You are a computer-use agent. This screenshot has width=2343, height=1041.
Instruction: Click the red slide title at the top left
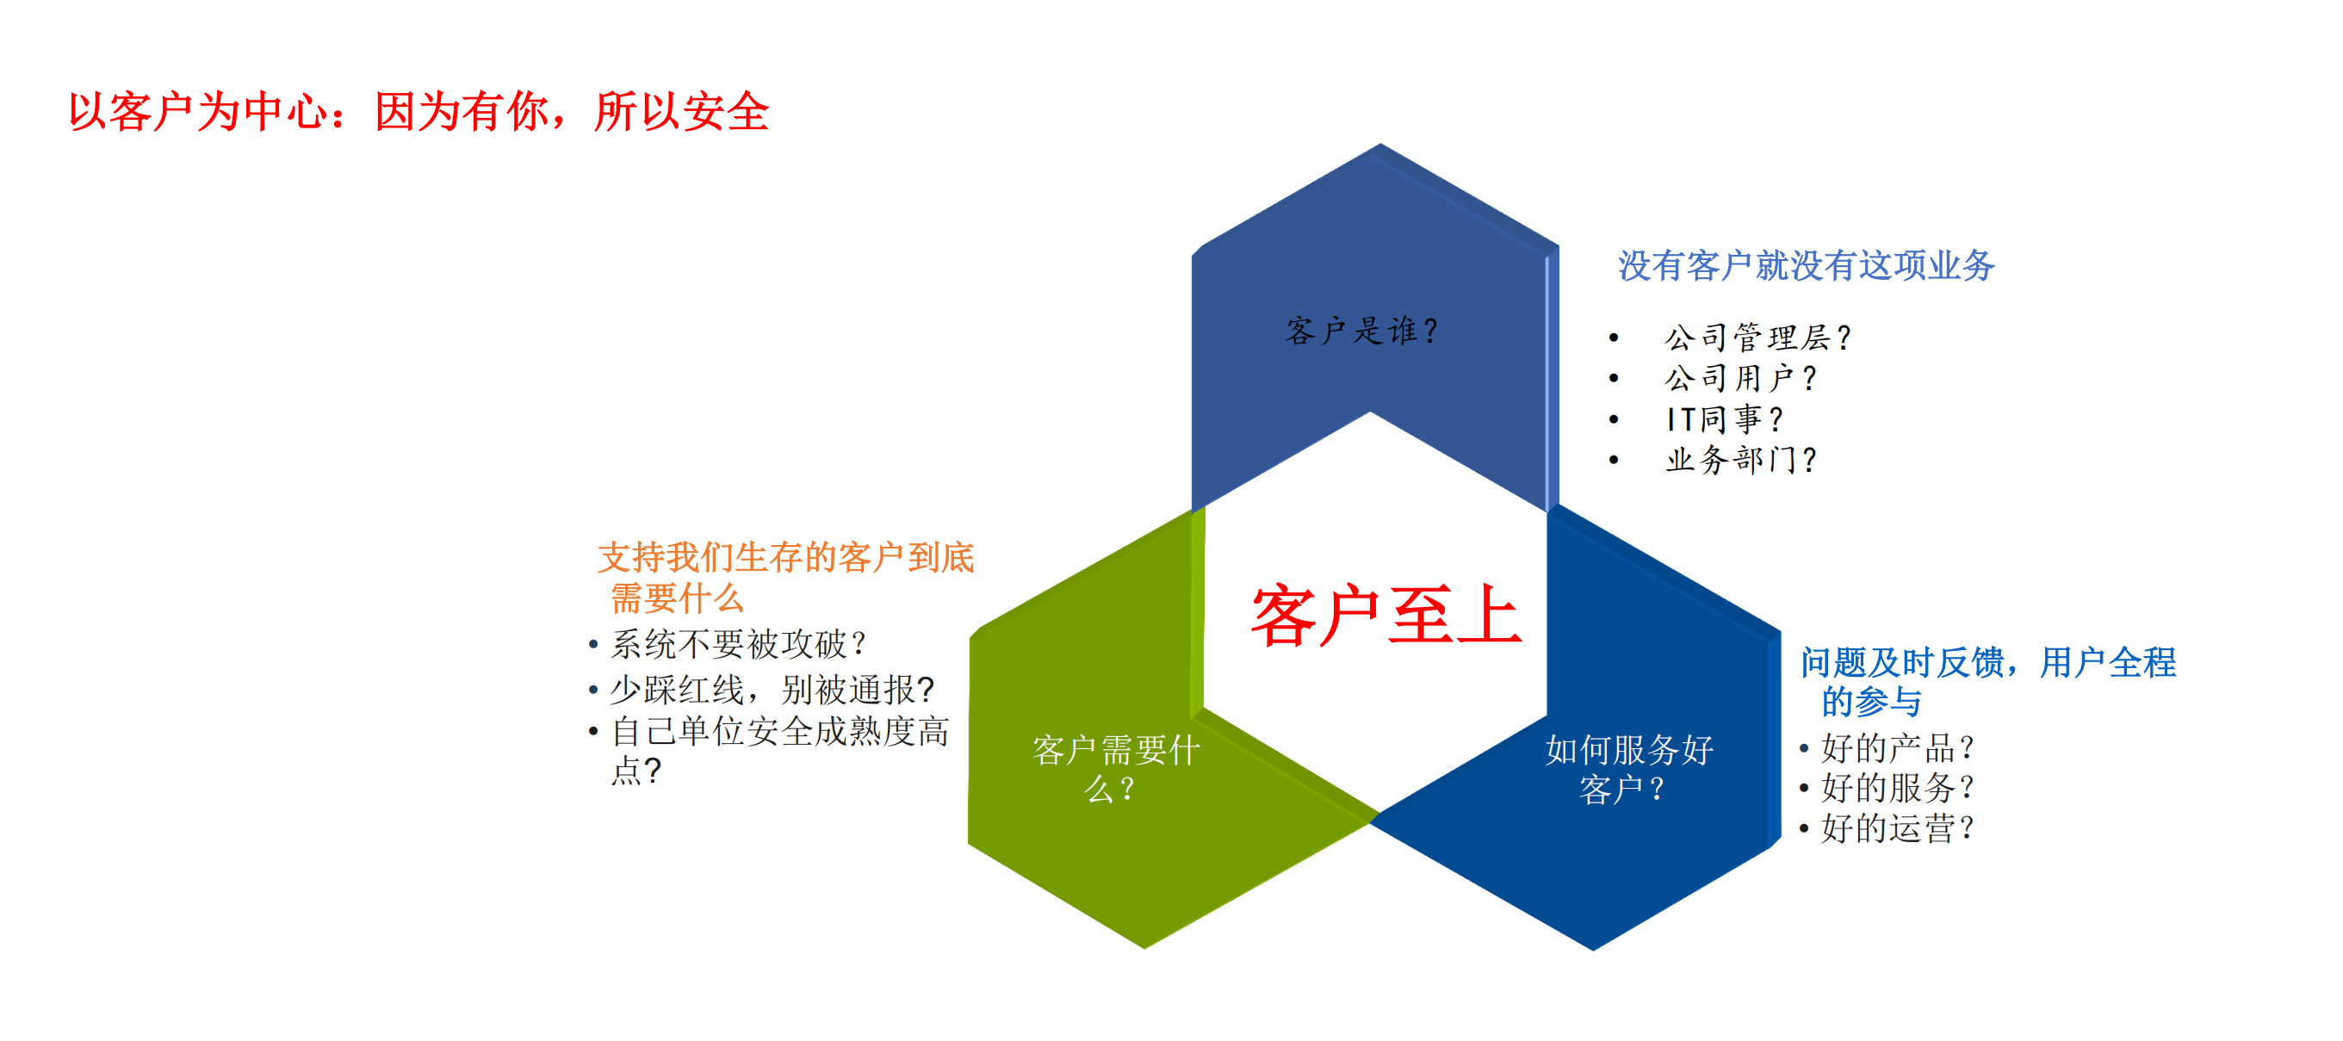[x=418, y=112]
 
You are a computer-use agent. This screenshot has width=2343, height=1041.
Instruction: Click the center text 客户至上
[x=1385, y=617]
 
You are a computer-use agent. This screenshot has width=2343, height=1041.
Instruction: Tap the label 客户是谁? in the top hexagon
[x=1361, y=331]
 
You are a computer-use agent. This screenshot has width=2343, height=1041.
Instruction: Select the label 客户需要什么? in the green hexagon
[x=1115, y=769]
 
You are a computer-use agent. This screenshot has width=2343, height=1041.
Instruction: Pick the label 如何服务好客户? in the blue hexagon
[x=1628, y=769]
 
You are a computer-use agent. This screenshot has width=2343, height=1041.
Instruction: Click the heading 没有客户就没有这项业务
[x=1806, y=265]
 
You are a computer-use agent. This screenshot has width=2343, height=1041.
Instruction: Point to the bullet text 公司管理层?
[x=1757, y=338]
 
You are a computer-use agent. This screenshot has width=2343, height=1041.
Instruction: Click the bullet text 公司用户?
[x=1740, y=378]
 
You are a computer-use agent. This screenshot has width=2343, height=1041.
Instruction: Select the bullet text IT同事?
[x=1724, y=419]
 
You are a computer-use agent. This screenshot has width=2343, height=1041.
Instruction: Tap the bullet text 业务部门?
[x=1740, y=460]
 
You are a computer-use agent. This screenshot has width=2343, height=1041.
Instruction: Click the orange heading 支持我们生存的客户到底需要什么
[x=784, y=577]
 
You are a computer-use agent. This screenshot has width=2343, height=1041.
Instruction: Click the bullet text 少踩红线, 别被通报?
[x=772, y=690]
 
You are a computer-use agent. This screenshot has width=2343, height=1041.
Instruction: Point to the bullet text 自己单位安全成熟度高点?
[x=778, y=751]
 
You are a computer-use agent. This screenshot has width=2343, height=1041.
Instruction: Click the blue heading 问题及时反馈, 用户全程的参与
[x=1987, y=682]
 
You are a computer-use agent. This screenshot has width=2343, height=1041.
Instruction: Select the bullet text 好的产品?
[x=1896, y=748]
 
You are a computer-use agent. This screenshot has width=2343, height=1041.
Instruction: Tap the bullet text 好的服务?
[x=1896, y=788]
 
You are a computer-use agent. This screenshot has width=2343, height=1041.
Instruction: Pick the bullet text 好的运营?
[x=1896, y=828]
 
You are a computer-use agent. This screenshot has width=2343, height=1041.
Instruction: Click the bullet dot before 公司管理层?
[x=1614, y=338]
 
